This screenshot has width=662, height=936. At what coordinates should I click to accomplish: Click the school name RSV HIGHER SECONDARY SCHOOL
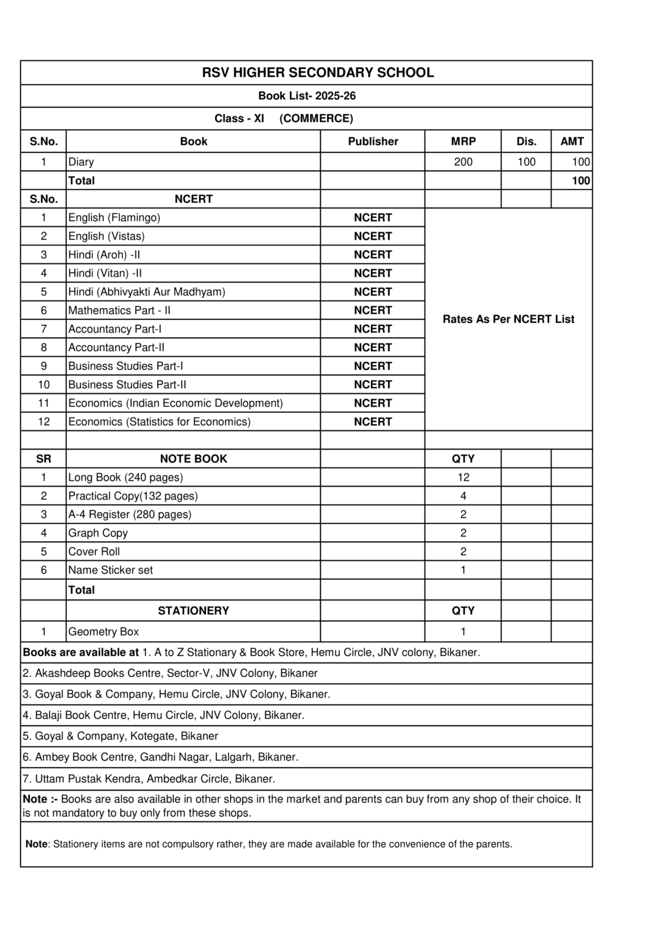[x=318, y=73]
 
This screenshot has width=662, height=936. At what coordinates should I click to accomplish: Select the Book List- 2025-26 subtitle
[x=307, y=96]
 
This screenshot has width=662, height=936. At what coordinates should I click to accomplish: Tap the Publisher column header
[x=373, y=141]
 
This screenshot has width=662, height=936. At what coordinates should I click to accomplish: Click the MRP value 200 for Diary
[x=463, y=161]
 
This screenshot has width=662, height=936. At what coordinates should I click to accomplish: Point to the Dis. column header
[x=526, y=141]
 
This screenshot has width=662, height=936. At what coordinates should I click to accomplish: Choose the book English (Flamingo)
[x=114, y=218]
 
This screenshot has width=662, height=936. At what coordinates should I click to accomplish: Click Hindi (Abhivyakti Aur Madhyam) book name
[x=147, y=292]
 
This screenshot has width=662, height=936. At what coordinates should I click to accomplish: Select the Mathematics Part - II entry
[x=119, y=310]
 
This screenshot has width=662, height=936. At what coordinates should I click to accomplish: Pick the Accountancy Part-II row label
[x=116, y=347]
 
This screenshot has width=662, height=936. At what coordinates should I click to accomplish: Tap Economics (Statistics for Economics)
[x=160, y=422]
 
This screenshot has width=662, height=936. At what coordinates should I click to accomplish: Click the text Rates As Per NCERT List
[x=508, y=319]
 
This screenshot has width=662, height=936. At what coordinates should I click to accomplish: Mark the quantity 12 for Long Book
[x=463, y=477]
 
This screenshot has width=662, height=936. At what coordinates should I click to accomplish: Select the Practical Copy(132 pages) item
[x=133, y=496]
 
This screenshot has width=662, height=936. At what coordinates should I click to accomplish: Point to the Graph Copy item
[x=98, y=533]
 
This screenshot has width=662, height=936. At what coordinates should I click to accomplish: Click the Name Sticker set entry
[x=110, y=570]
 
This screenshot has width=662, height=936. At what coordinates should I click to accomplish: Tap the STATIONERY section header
[x=193, y=611]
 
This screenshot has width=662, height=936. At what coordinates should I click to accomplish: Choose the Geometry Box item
[x=104, y=632]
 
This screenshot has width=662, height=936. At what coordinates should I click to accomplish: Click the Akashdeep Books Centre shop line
[x=170, y=673]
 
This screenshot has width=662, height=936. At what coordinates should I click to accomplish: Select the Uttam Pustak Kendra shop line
[x=149, y=779]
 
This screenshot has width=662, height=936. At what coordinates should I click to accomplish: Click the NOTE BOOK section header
[x=193, y=459]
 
